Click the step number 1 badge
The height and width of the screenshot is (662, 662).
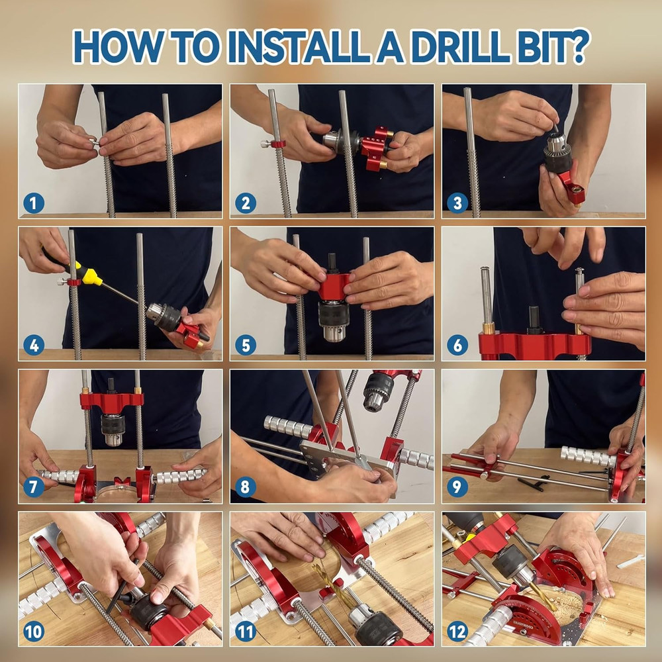(33, 203)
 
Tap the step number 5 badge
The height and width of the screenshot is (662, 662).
(245, 345)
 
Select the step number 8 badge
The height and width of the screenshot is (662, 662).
(245, 488)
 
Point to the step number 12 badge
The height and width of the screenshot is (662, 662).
(457, 631)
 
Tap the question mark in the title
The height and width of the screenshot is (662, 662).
(577, 46)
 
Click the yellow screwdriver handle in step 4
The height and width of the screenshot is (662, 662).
(89, 273)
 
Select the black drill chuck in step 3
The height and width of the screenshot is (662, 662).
(558, 158)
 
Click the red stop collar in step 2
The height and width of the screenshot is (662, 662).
(279, 144)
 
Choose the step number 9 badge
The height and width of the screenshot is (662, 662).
(457, 488)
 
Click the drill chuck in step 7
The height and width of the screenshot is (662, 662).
(112, 423)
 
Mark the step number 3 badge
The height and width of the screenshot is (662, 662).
(457, 203)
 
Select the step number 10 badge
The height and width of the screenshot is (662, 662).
(33, 631)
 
